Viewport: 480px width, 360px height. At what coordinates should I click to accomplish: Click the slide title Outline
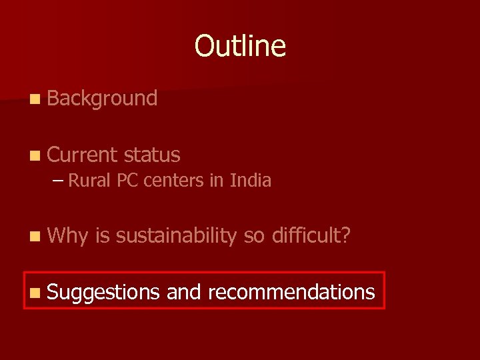click(x=240, y=46)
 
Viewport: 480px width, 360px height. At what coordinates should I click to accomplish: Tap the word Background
click(x=102, y=99)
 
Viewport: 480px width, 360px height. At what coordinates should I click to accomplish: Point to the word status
click(x=152, y=155)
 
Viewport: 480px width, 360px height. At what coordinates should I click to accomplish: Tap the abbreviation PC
click(x=125, y=181)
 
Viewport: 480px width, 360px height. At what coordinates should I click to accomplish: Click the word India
click(x=251, y=181)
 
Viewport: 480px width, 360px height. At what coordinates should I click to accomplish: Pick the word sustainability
click(x=176, y=235)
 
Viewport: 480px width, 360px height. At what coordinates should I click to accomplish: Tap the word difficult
click(x=306, y=235)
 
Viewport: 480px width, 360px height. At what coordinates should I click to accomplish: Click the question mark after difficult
click(x=345, y=235)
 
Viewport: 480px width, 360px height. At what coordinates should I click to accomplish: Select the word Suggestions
click(x=103, y=291)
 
